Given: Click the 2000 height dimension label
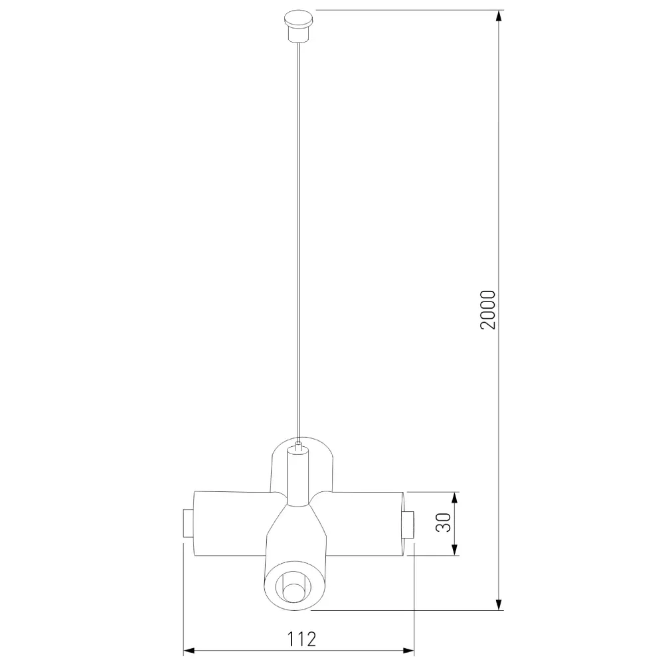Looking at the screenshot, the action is [488, 309].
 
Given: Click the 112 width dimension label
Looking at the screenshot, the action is [302, 639].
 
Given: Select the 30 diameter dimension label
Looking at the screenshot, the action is [444, 523].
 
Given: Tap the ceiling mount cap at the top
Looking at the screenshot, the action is [299, 27].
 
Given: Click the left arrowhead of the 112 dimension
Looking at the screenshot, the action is [189, 651].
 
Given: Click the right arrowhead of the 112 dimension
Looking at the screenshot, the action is [408, 651].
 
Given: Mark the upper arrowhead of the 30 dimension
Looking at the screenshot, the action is [455, 498].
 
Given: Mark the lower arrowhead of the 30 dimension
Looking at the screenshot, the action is [455, 549].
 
